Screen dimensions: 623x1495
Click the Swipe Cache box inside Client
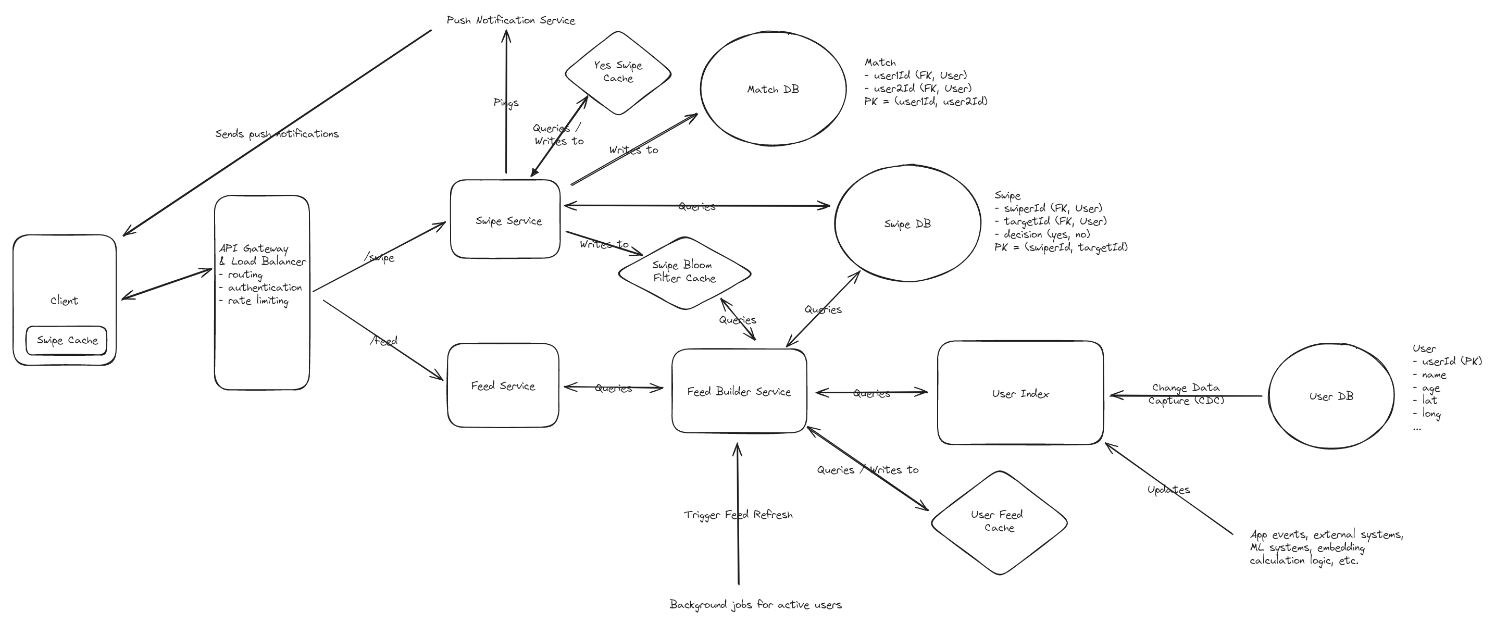click(67, 340)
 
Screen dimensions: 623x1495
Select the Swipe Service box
click(505, 219)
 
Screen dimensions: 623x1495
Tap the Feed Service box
click(503, 385)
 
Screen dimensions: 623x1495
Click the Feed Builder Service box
click(739, 391)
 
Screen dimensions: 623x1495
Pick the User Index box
click(1020, 393)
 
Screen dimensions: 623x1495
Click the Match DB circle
click(773, 89)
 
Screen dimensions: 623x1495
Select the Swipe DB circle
click(907, 223)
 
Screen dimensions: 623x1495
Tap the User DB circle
click(1331, 396)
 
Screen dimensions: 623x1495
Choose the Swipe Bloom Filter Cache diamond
click(684, 272)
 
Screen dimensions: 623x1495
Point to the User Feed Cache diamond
click(998, 521)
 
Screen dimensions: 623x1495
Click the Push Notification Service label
click(510, 20)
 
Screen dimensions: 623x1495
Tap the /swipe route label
click(380, 257)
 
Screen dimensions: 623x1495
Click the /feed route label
click(383, 341)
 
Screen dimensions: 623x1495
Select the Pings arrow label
click(505, 103)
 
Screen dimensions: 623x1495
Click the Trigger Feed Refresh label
click(738, 515)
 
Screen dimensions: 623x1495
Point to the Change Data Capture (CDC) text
click(1186, 394)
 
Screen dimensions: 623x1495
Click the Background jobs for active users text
click(755, 604)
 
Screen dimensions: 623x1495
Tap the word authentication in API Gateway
click(265, 288)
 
